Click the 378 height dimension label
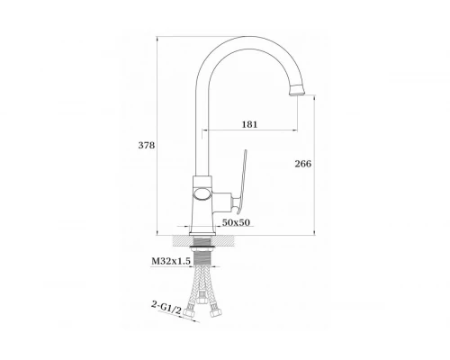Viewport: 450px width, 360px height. pos(147,145)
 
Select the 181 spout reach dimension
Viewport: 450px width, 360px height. pos(249,124)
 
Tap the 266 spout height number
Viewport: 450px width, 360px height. pos(303,164)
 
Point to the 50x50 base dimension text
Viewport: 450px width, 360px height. pos(236,222)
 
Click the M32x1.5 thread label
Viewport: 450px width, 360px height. pos(171,261)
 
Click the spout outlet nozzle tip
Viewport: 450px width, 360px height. pos(297,91)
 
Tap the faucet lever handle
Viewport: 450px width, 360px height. pos(241,182)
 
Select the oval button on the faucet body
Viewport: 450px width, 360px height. pos(202,194)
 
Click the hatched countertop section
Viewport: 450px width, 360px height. pos(202,240)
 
